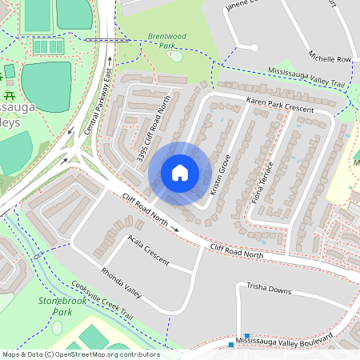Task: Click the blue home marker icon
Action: pos(180,173)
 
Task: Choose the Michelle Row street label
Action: pos(330,58)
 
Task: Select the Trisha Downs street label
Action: pos(268,289)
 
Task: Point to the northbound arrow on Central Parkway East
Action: pos(106,58)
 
